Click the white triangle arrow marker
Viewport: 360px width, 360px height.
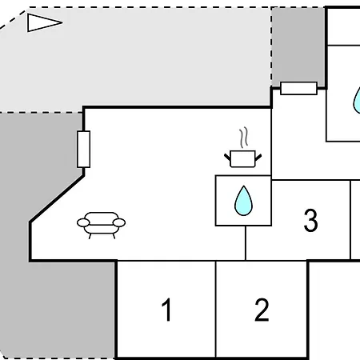(42, 22)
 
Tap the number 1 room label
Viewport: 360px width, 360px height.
(167, 310)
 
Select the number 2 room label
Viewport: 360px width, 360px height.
(262, 310)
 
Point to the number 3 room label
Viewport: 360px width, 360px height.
(310, 220)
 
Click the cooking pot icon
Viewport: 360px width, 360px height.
(242, 158)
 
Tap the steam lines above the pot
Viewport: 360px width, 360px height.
(244, 138)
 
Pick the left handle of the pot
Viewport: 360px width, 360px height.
(227, 158)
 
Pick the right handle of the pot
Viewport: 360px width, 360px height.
(258, 158)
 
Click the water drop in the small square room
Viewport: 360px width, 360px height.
(243, 201)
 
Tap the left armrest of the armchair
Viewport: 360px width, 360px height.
(83, 222)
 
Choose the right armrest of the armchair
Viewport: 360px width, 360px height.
(119, 222)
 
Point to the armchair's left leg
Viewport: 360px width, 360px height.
(90, 236)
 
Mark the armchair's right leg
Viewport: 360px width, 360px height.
(114, 236)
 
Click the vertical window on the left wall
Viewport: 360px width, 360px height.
(83, 150)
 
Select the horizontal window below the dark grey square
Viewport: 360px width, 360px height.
(298, 88)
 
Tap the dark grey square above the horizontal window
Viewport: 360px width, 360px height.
(298, 46)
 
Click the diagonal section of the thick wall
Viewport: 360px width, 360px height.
(57, 198)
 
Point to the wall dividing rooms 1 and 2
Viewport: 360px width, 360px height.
(215, 309)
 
